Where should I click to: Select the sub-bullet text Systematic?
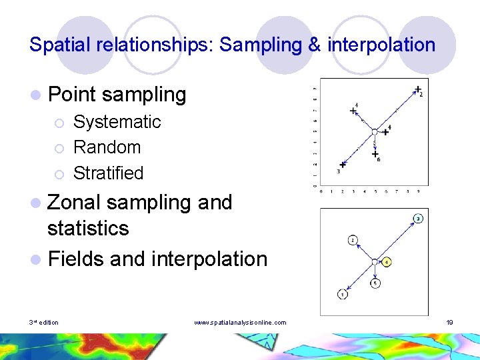(117, 122)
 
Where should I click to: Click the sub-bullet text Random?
(107, 147)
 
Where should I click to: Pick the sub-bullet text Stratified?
(108, 173)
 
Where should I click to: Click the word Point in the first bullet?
(71, 95)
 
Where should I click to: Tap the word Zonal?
(73, 202)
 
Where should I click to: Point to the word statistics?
(88, 228)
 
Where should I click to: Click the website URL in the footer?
(240, 323)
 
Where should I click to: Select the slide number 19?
(450, 323)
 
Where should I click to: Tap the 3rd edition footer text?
(44, 323)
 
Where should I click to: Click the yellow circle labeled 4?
(387, 261)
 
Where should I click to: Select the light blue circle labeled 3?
(417, 219)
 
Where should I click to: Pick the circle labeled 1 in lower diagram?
(341, 294)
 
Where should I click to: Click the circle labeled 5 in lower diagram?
(375, 283)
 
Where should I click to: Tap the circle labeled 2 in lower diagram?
(353, 240)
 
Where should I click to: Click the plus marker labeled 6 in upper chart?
(375, 154)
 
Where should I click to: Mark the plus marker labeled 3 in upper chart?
(343, 165)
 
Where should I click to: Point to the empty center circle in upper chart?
(375, 131)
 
